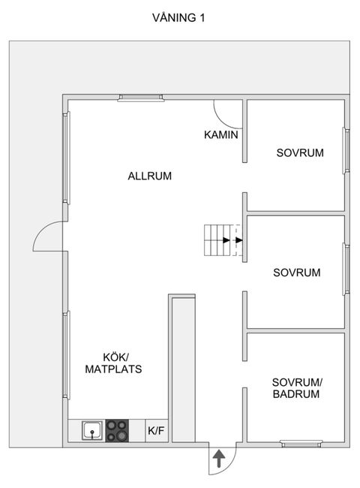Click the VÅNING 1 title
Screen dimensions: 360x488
point(178,17)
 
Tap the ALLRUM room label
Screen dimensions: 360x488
point(149,176)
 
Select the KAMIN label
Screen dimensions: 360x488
point(221,134)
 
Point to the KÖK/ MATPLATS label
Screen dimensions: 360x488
point(113,363)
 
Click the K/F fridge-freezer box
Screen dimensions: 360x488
point(157,431)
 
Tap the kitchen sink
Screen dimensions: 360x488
point(92,430)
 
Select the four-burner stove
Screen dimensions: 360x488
point(117,431)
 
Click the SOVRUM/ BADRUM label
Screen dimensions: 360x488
point(297,388)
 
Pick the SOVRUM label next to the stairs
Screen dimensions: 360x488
point(296,273)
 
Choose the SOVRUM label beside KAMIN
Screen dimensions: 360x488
point(300,153)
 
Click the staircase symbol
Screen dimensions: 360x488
point(223,240)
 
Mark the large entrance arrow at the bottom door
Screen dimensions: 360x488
point(219,458)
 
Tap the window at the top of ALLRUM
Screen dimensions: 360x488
point(141,98)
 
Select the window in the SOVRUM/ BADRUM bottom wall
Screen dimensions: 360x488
point(301,443)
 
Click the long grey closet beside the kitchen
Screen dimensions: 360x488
point(184,369)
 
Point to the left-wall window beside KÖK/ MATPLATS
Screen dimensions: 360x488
point(66,355)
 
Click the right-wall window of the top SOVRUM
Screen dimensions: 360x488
point(346,150)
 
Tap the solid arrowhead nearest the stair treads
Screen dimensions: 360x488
point(226,240)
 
